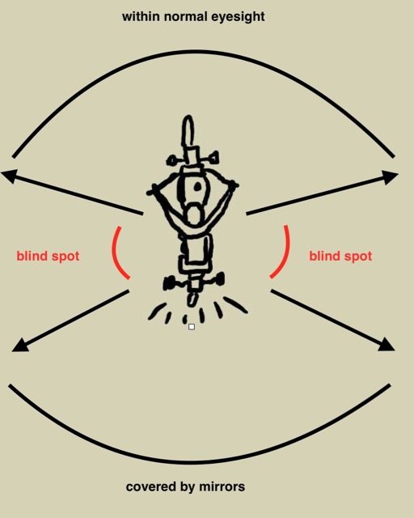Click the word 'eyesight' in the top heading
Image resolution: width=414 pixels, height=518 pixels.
coord(238,17)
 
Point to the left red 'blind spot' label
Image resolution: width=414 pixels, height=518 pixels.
coord(48,256)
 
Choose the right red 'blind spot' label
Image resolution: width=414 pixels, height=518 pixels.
coord(340,256)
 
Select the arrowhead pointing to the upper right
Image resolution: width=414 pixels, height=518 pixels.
coord(390,176)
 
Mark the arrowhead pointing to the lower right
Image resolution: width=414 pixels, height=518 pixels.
coord(387,345)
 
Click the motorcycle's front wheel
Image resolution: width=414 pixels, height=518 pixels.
coord(188,130)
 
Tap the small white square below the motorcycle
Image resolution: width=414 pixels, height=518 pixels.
coord(192,327)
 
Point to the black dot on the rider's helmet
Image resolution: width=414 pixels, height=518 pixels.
coord(197,187)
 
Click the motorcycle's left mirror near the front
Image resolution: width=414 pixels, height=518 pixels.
coord(171,161)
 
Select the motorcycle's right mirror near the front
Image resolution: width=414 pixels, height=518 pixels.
coord(214,157)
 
